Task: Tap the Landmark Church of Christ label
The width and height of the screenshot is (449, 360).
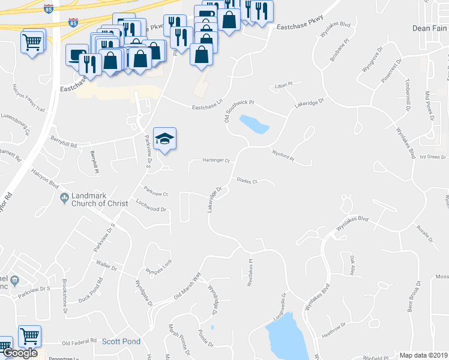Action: tap(100, 200)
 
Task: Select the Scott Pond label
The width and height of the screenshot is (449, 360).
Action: tap(121, 341)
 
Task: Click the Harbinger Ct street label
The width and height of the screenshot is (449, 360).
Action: tap(215, 161)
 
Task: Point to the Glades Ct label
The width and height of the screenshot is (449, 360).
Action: tap(247, 180)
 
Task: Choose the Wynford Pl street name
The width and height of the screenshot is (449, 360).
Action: tap(282, 156)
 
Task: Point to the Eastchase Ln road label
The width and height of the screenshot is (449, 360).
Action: tap(207, 107)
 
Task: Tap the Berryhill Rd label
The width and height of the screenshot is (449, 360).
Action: tap(64, 145)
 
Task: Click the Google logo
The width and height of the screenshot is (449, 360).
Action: tap(20, 353)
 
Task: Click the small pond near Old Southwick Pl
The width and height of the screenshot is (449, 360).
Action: tap(254, 124)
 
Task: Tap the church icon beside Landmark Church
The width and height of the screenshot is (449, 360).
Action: tap(64, 197)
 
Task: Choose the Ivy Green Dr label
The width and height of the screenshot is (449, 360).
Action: tap(434, 157)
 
